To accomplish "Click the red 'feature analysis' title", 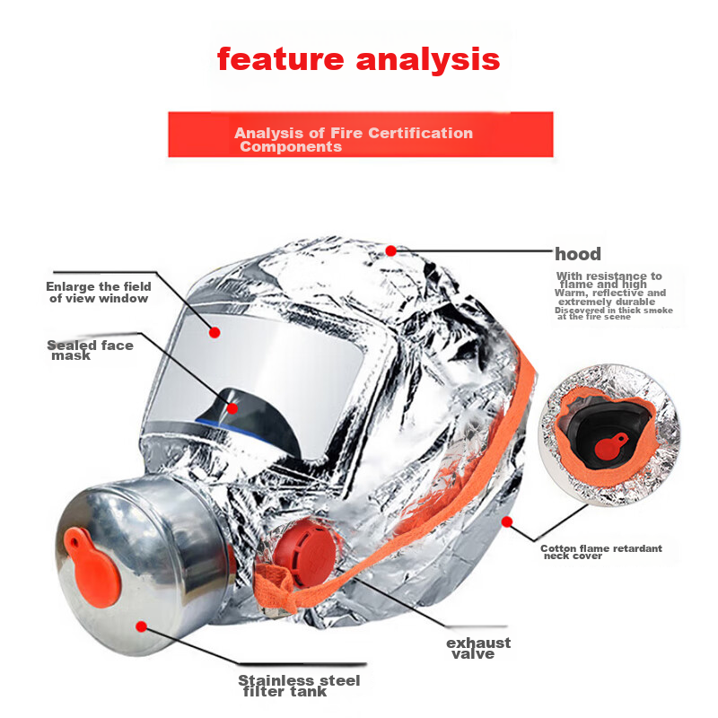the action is [358, 60].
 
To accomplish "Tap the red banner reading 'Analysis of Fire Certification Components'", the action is [361, 134].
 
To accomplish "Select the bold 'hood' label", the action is [577, 254].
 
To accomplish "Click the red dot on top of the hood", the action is [390, 250].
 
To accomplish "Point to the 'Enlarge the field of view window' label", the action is [99, 293].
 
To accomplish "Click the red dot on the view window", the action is [215, 332].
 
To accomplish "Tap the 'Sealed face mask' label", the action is [90, 350].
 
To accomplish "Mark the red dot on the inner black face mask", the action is [232, 408].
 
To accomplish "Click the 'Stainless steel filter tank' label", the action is [299, 686].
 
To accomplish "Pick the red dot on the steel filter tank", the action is [142, 626].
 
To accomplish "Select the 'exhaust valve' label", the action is [478, 648].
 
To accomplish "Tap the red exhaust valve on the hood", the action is [304, 555].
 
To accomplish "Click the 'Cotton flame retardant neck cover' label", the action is [601, 552].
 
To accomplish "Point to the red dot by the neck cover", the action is [506, 522].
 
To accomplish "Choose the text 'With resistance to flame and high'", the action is [609, 280].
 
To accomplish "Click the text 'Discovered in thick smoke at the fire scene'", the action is [614, 313].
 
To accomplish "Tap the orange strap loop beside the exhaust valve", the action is [275, 587].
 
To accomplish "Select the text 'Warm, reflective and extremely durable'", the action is [610, 297].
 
